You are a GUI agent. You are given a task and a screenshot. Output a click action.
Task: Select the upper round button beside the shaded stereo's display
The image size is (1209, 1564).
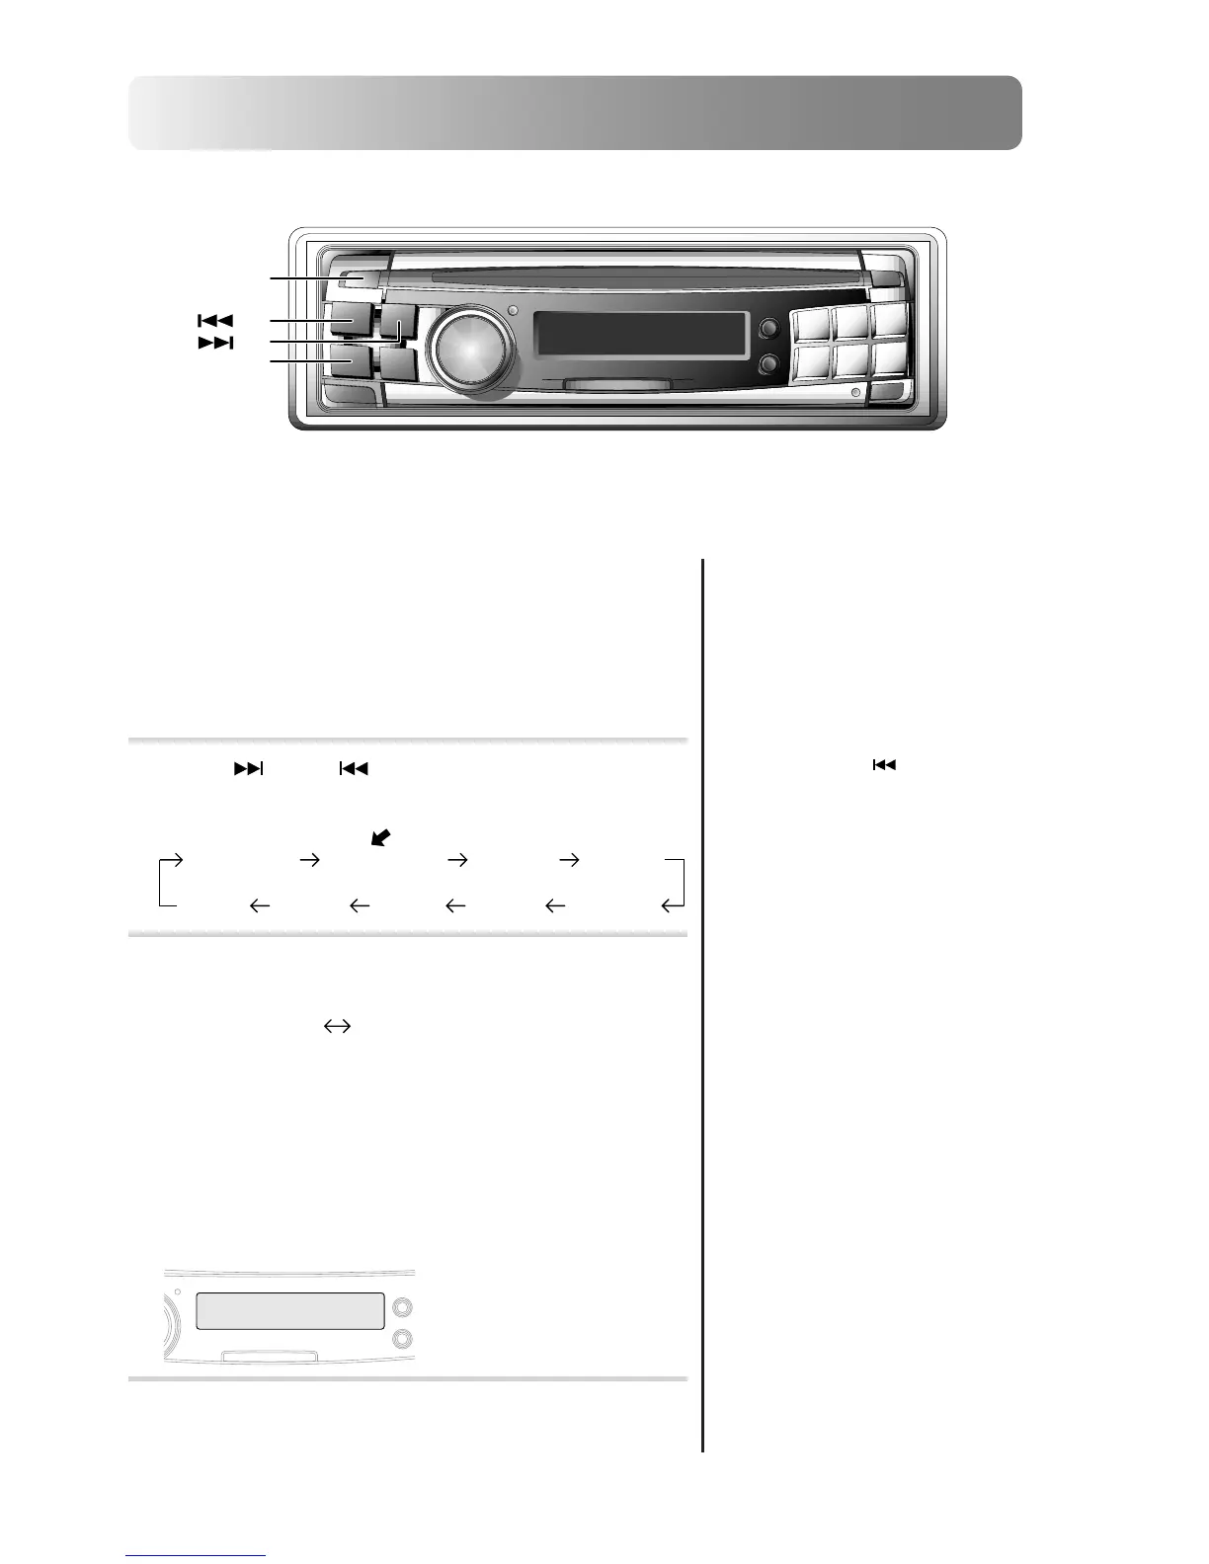pyautogui.click(x=767, y=329)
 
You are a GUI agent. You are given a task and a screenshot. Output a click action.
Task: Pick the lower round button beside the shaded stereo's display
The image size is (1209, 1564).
pyautogui.click(x=767, y=365)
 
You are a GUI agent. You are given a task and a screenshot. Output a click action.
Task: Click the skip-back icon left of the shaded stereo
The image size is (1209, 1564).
pyautogui.click(x=214, y=320)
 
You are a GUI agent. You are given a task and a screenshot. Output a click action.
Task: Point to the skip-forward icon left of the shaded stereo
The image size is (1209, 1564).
pyautogui.click(x=216, y=343)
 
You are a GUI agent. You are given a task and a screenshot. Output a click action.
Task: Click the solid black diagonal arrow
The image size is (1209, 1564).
pyautogui.click(x=379, y=837)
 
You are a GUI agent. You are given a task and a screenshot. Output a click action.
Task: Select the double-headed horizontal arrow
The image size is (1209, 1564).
pyautogui.click(x=337, y=1027)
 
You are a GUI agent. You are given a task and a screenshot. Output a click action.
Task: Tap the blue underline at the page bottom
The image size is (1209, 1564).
pyautogui.click(x=197, y=1556)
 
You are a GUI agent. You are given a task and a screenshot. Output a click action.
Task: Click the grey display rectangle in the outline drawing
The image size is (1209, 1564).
pyautogui.click(x=289, y=1311)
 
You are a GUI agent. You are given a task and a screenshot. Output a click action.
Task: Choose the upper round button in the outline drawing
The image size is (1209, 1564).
pyautogui.click(x=402, y=1308)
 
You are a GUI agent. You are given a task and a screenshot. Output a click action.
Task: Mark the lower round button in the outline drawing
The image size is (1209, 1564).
pyautogui.click(x=402, y=1339)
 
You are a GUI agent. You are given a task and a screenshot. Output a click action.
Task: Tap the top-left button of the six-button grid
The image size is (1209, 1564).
pyautogui.click(x=809, y=323)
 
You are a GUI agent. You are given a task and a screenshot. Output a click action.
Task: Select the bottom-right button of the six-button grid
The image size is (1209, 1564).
pyautogui.click(x=889, y=360)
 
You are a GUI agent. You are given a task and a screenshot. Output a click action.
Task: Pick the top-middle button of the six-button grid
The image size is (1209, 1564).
pyautogui.click(x=850, y=323)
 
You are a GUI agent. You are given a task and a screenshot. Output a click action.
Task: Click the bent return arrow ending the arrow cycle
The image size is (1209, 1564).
pyautogui.click(x=673, y=903)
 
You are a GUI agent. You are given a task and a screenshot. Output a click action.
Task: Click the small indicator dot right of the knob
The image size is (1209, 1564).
pyautogui.click(x=511, y=313)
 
